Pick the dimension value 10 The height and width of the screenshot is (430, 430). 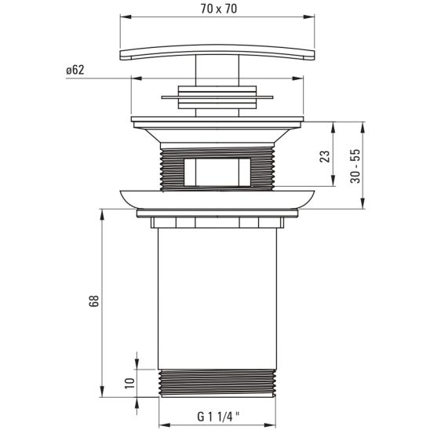[130, 384]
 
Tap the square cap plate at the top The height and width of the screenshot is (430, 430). [219, 53]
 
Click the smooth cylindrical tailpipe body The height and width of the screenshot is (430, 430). [217, 298]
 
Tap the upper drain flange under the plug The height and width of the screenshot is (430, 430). [217, 123]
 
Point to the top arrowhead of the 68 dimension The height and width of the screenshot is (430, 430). [102, 212]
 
